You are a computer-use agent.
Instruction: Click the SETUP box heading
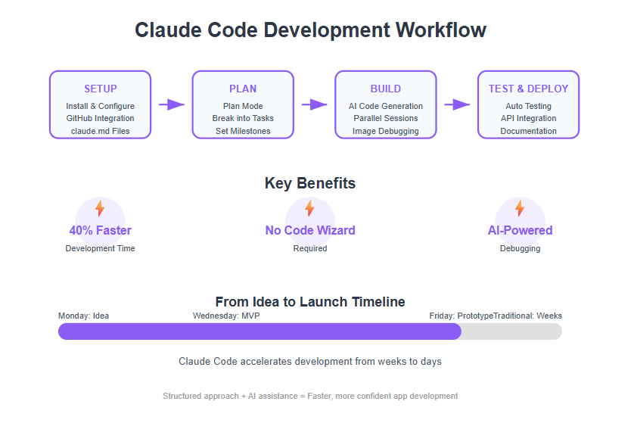[x=101, y=89]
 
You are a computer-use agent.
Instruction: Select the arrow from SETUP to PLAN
[x=172, y=104]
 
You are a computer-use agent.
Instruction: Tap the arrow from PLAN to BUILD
[x=314, y=104]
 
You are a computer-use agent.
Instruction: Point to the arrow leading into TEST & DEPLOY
[x=457, y=104]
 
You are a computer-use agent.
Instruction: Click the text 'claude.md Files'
[x=101, y=131]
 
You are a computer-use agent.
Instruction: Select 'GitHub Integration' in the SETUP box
[x=101, y=118]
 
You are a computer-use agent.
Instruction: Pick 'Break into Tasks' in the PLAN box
[x=243, y=118]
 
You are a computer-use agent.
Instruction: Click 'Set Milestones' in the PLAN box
[x=243, y=131]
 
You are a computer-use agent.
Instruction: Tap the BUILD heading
[x=386, y=89]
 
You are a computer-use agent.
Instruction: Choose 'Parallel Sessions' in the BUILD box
[x=386, y=118]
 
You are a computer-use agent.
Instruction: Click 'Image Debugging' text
[x=386, y=131]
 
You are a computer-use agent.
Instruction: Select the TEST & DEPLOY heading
[x=529, y=89]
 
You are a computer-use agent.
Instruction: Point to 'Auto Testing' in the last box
[x=529, y=106]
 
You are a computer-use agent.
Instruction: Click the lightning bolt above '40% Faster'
[x=100, y=208]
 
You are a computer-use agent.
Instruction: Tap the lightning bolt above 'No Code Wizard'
[x=309, y=208]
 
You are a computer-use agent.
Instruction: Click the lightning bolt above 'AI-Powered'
[x=520, y=208]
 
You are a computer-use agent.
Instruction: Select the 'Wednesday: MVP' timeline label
[x=226, y=316]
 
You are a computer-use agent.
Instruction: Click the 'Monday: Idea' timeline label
[x=83, y=316]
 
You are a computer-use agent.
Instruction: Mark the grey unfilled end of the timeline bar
[x=512, y=331]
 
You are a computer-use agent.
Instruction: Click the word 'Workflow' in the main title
[x=441, y=30]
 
